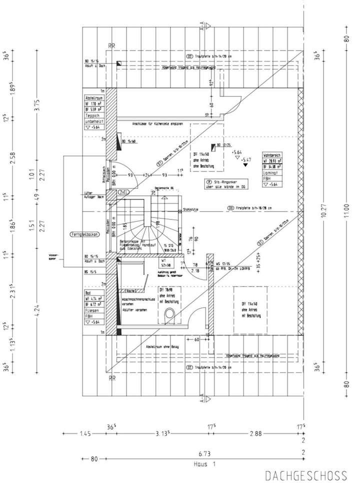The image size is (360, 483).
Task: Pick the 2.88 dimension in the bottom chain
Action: [256, 433]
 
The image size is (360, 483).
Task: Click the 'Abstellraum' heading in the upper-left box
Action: [93, 98]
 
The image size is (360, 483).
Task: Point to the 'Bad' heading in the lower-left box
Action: [88, 294]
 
